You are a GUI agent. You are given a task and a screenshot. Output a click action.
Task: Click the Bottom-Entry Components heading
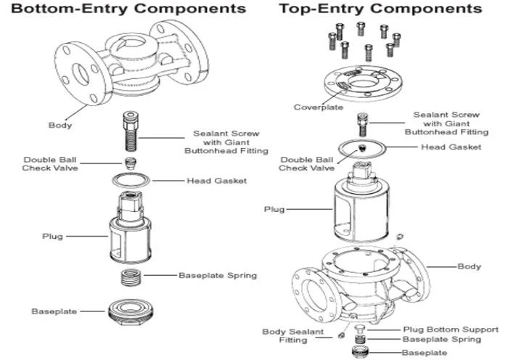pos(128,9)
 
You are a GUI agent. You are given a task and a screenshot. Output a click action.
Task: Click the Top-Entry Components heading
pos(381,9)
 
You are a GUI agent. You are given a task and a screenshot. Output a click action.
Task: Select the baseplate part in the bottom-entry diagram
pos(131,312)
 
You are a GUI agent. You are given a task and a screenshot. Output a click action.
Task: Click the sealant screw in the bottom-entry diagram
pos(131,131)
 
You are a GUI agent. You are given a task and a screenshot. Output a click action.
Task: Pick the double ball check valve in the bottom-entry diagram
pos(130,163)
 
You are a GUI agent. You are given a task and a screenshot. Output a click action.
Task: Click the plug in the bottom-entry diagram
pos(130,227)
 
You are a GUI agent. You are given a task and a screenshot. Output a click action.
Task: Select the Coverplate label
pos(319,107)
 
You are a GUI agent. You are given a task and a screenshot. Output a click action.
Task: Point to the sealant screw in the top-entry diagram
pos(363,124)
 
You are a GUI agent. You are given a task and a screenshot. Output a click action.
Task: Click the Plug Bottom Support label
pos(451,330)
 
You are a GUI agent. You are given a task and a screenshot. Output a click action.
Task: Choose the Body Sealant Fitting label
pos(293,336)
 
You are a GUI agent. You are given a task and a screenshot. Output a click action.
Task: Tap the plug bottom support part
pos(360,329)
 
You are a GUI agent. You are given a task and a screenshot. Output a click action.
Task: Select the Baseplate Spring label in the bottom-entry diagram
pos(218,275)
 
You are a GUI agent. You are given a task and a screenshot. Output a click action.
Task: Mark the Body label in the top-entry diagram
pos(469,266)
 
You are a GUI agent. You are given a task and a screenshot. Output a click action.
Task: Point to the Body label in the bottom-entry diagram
pos(60,125)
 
